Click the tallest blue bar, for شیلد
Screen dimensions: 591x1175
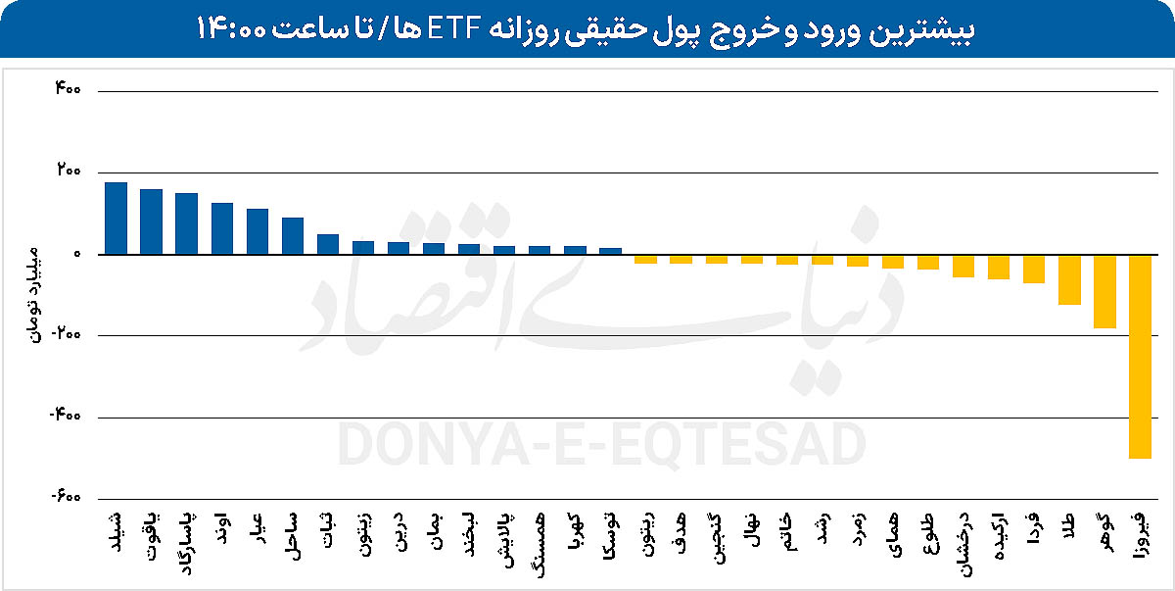click(x=116, y=218)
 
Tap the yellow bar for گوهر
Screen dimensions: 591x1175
click(x=1104, y=291)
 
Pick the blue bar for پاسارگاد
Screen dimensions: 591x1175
click(x=186, y=223)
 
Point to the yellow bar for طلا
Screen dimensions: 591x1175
click(x=1069, y=279)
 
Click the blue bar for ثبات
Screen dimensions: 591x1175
click(x=328, y=244)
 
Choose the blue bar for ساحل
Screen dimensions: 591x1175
click(x=293, y=235)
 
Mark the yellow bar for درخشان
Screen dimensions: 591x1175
click(x=963, y=266)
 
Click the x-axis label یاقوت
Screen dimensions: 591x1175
click(x=152, y=537)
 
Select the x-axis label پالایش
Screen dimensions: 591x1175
click(x=504, y=536)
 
